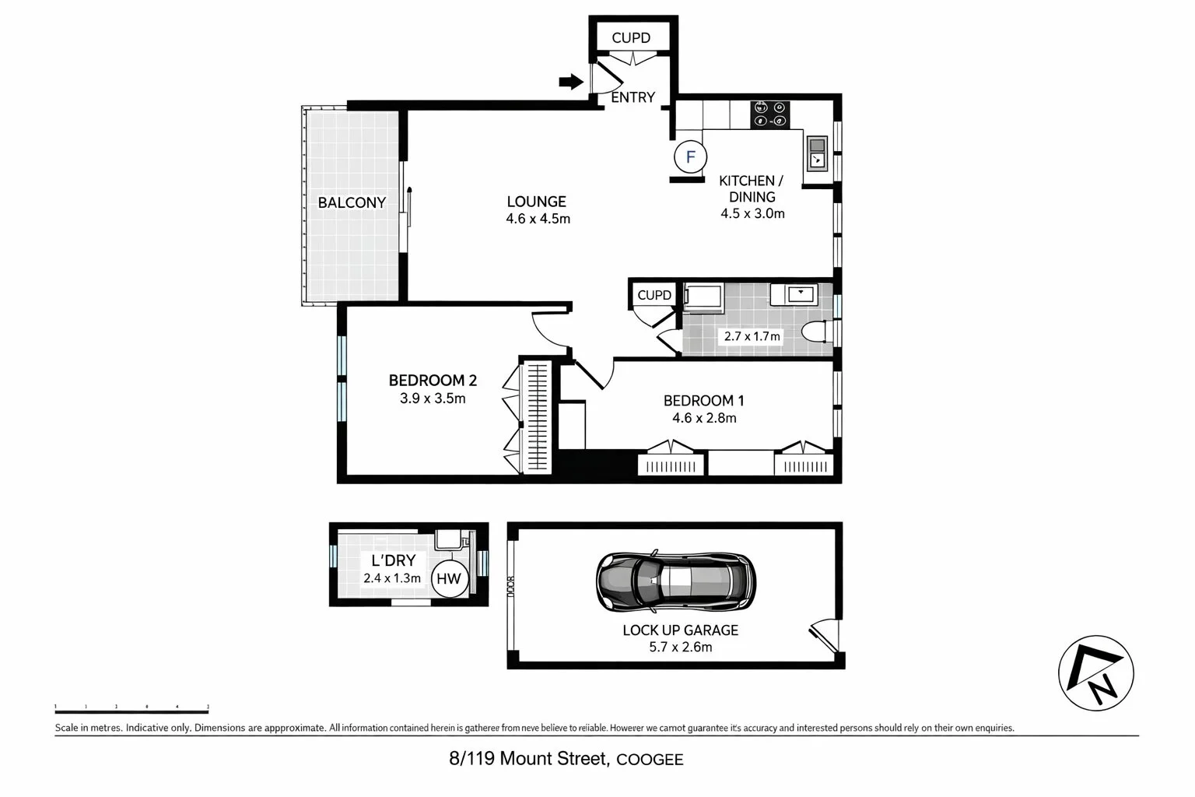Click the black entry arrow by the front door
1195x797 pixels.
[571, 81]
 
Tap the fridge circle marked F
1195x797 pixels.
[689, 157]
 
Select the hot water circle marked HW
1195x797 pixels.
[449, 578]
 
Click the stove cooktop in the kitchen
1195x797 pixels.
[769, 115]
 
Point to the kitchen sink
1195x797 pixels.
[817, 153]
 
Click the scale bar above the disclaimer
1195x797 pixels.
[131, 710]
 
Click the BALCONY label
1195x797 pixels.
[352, 203]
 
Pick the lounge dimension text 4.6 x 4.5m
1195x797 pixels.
[538, 219]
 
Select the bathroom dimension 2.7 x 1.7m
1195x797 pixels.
[752, 337]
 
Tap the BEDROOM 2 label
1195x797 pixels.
[433, 381]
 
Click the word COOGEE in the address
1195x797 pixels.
[650, 760]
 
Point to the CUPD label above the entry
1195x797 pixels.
[630, 38]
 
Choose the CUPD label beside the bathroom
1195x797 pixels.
[654, 295]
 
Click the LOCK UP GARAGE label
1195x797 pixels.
[680, 630]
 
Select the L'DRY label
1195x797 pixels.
[393, 560]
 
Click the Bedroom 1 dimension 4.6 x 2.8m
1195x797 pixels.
[704, 418]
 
